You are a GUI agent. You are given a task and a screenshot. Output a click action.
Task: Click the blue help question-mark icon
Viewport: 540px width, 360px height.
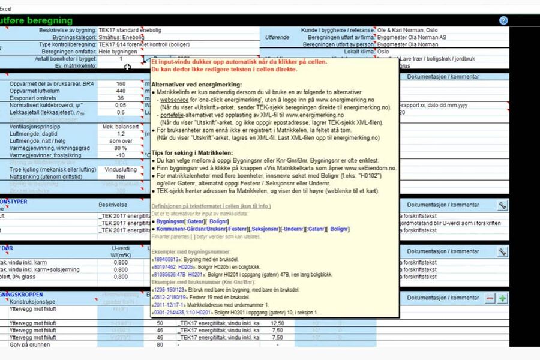(503, 20)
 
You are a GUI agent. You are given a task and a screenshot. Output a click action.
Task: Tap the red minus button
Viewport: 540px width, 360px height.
(490, 298)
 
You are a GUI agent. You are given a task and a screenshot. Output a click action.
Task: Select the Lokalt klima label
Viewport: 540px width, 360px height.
(356, 52)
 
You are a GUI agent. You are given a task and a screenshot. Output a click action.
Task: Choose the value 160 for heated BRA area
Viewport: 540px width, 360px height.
(121, 84)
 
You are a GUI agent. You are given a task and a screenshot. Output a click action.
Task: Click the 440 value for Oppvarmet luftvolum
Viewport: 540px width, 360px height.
(121, 91)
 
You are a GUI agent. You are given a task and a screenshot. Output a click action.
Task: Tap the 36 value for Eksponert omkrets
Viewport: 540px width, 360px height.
(121, 98)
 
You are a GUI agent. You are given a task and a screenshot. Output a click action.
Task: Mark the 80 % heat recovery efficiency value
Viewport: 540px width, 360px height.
(121, 148)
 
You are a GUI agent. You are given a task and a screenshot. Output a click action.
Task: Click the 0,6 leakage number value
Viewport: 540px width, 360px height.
(121, 112)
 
